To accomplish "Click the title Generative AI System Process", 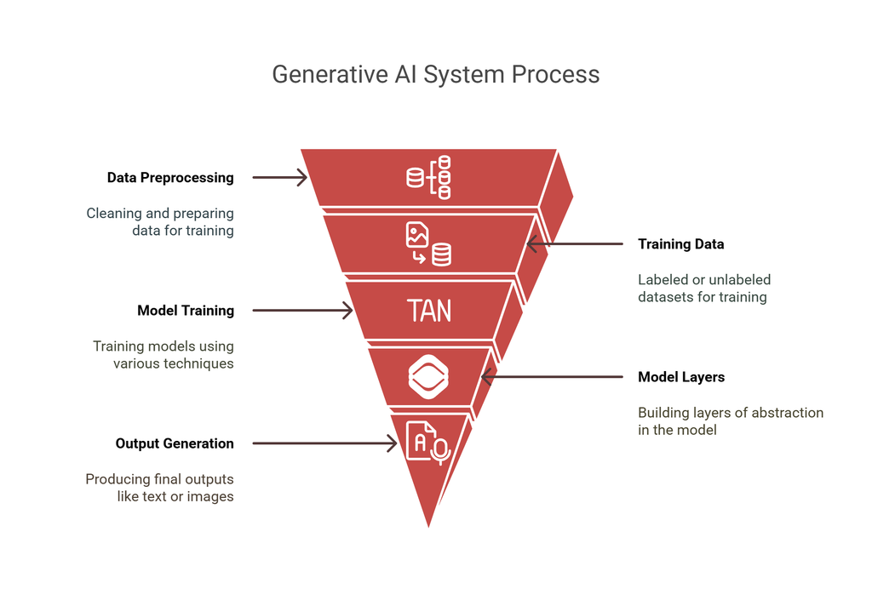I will (x=435, y=74).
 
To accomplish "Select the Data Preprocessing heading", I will (x=170, y=178).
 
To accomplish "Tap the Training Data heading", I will (x=680, y=244).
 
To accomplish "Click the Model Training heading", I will (x=185, y=311).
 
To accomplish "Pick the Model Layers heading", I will (x=681, y=377).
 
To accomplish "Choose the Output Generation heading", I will (x=175, y=443).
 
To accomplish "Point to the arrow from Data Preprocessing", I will (x=279, y=178).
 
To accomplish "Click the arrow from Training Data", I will (x=575, y=244).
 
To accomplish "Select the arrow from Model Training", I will (x=302, y=311).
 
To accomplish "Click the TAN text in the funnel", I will (x=429, y=311).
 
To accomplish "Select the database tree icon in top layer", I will (x=429, y=178).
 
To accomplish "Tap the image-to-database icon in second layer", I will (x=428, y=244).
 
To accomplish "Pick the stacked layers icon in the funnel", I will (x=428, y=377).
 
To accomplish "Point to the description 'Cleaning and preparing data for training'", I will (x=160, y=221).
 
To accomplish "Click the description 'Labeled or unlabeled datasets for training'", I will (x=703, y=288).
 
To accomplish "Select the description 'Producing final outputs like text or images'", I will (x=160, y=488).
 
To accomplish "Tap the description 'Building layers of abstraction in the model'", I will (x=730, y=421).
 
